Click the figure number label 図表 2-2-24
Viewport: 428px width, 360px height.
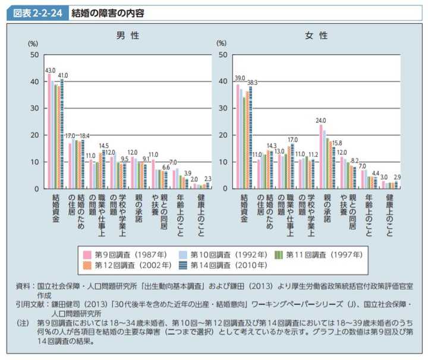pyautogui.click(x=36, y=12)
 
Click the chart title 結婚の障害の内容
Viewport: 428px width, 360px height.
pyautogui.click(x=106, y=12)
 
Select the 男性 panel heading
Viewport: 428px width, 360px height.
pyautogui.click(x=127, y=36)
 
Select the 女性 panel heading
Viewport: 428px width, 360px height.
pyautogui.click(x=316, y=36)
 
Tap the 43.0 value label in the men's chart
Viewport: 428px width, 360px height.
pyautogui.click(x=50, y=70)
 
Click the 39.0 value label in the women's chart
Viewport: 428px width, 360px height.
pyautogui.click(x=239, y=78)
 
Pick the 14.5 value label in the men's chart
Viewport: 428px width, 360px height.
pyautogui.click(x=103, y=146)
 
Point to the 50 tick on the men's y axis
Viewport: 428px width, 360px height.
pyautogui.click(x=34, y=55)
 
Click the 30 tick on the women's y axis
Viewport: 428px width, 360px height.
pyautogui.click(x=222, y=109)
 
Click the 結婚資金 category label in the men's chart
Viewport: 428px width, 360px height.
pyautogui.click(x=55, y=209)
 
